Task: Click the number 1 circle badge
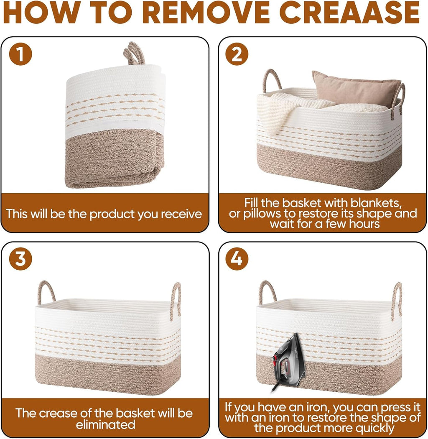(x=20, y=54)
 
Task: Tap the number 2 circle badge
(x=237, y=54)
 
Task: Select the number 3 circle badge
(x=20, y=259)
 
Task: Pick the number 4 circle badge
(x=237, y=259)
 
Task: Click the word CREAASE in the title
(x=349, y=13)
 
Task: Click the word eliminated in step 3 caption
(x=105, y=425)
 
